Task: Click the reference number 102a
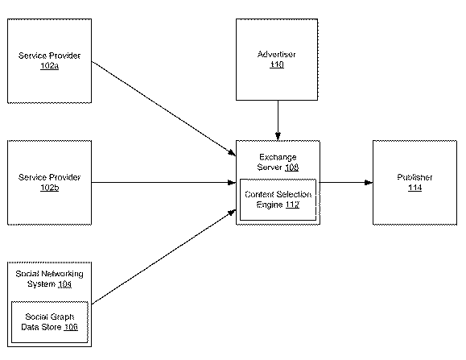[x=49, y=66]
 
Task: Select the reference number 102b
[x=50, y=188]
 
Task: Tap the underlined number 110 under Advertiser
[x=277, y=64]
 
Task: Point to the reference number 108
[x=291, y=168]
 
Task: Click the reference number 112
[x=292, y=205]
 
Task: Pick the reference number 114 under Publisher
[x=414, y=188]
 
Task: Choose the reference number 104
[x=64, y=284]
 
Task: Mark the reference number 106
[x=71, y=327]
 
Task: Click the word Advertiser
[x=276, y=54]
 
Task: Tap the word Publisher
[x=414, y=177]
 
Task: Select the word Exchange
[x=278, y=157]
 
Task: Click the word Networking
[x=62, y=274]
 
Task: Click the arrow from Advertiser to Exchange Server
[x=278, y=120]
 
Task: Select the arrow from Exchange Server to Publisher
[x=346, y=182]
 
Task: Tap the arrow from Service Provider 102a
[x=163, y=109]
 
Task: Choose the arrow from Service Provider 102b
[x=163, y=182]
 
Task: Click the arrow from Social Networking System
[x=163, y=257]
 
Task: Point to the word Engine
[x=270, y=205]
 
